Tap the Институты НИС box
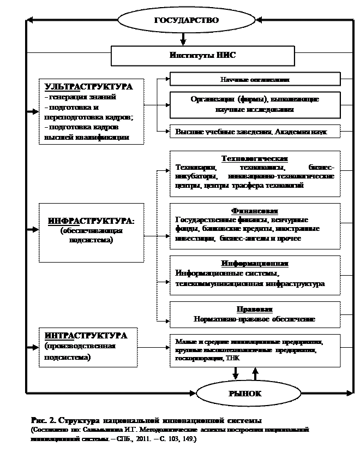point(203,55)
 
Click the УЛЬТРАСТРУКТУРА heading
point(88,87)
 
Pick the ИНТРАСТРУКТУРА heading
point(86,335)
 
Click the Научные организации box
point(255,80)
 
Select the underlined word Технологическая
point(255,158)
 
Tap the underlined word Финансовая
point(255,210)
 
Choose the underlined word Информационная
point(255,263)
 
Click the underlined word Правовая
point(255,309)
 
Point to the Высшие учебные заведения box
point(255,132)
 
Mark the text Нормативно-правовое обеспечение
point(255,319)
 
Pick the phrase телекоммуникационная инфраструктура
point(250,284)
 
